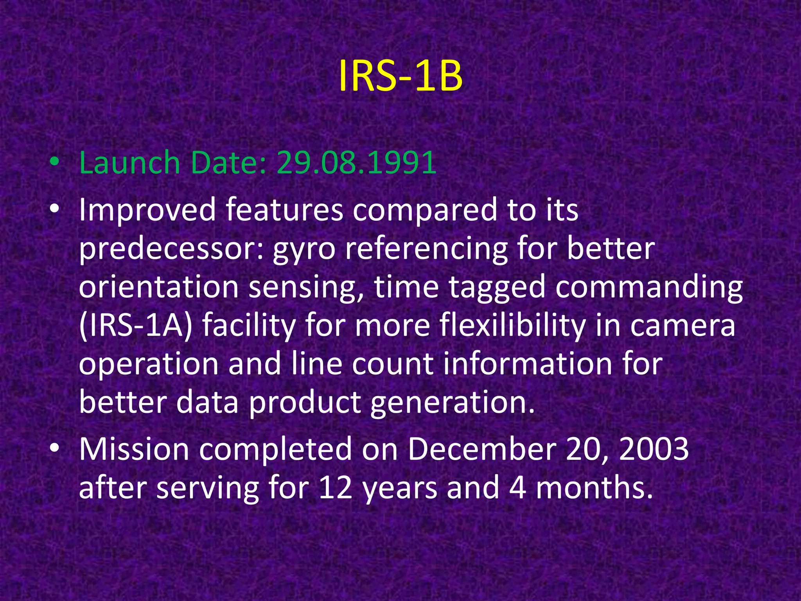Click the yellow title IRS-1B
click(400, 76)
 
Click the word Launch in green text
click(129, 162)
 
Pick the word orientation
click(159, 287)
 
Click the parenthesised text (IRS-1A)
click(136, 326)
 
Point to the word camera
click(682, 326)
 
